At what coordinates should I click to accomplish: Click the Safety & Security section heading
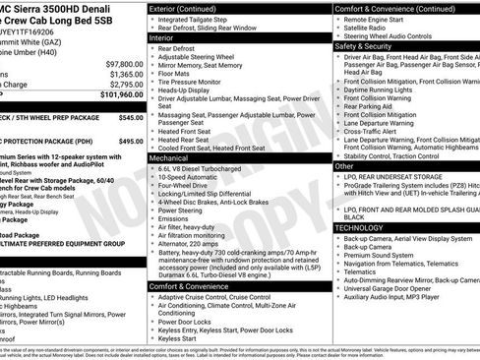363,45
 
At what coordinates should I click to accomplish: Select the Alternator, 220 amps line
196,241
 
